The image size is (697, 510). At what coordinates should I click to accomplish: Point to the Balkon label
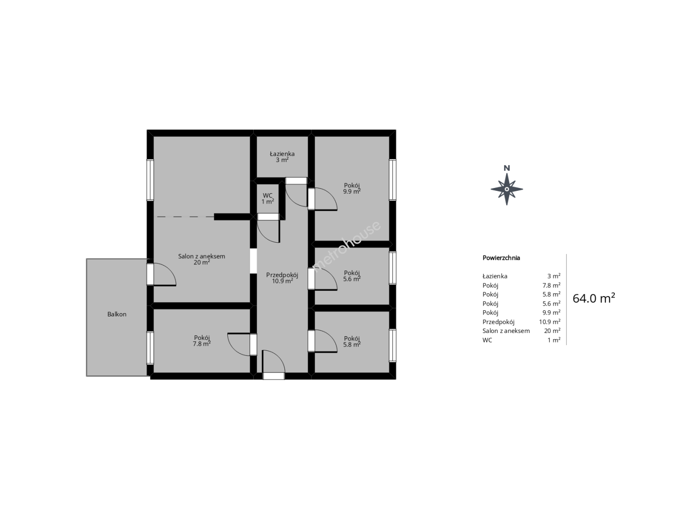117,314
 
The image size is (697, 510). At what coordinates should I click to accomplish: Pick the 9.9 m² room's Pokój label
352,185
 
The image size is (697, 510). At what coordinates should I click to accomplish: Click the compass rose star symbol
507,189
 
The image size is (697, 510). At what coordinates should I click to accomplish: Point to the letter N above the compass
507,168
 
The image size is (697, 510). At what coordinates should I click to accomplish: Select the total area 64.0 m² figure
594,298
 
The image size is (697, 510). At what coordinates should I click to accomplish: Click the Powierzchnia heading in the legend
501,258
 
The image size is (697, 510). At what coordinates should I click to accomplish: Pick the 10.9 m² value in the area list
550,322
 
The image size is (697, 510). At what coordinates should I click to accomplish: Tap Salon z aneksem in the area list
506,331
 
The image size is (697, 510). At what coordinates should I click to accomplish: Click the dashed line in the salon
185,216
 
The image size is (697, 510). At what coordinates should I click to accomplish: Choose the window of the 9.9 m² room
393,180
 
